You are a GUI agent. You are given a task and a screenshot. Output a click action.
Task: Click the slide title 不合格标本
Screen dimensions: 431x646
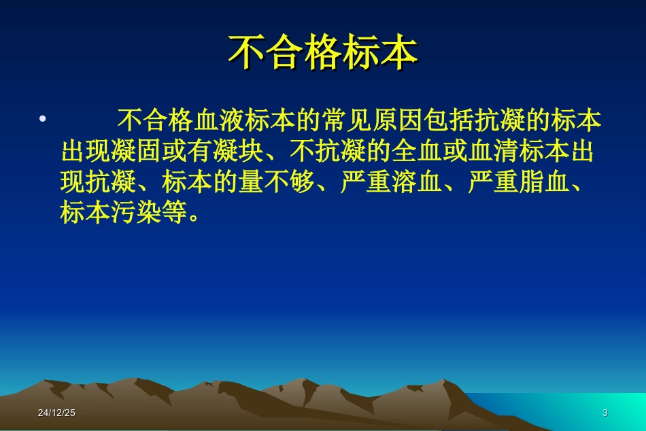coord(322,53)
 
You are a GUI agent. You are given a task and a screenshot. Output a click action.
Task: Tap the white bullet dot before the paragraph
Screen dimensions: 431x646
coord(42,120)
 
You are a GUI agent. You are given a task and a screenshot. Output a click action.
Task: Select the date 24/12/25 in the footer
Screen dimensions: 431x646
coord(56,413)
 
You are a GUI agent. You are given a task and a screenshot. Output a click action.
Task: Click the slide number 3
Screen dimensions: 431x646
coord(605,413)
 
